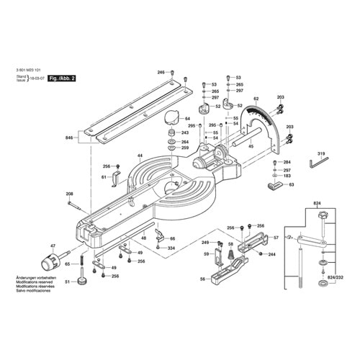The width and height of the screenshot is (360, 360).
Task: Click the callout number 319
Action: [x=321, y=153]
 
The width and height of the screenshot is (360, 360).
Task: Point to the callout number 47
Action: [x=52, y=246]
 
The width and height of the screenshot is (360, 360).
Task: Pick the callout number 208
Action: [x=70, y=194]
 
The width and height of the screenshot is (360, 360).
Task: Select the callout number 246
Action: [x=161, y=73]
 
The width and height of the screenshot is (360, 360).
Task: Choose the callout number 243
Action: [x=185, y=133]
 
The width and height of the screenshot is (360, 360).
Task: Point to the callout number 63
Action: [x=291, y=185]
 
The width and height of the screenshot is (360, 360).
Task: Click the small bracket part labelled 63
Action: [x=274, y=187]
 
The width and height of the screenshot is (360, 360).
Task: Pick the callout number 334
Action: [x=171, y=248]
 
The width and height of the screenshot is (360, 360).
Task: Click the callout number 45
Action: [x=251, y=147]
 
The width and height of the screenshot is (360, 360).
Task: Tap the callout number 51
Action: [x=68, y=282]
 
